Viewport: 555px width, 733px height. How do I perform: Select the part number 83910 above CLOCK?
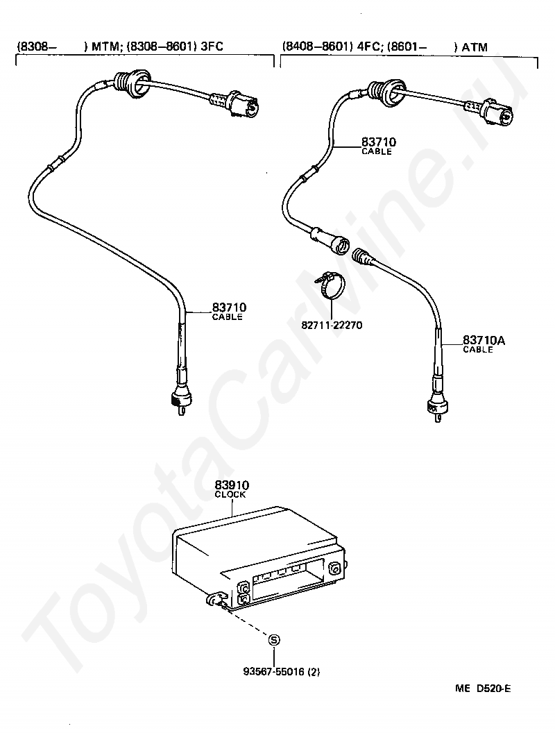(x=232, y=485)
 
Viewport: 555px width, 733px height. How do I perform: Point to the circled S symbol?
(x=274, y=640)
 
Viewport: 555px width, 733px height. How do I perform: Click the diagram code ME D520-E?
(x=483, y=689)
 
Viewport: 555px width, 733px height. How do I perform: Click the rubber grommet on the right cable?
(x=385, y=89)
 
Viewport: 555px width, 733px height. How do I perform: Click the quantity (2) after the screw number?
(x=314, y=671)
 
